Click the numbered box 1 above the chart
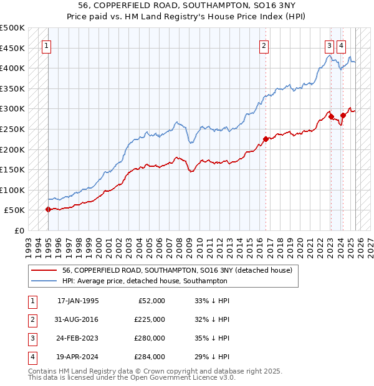(47, 45)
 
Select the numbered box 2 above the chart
(264, 45)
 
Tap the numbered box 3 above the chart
(328, 45)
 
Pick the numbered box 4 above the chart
(342, 45)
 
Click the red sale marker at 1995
(48, 209)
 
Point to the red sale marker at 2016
(266, 139)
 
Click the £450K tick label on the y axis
(12, 48)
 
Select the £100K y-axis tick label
(12, 190)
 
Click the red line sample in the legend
(44, 270)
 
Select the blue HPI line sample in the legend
(44, 281)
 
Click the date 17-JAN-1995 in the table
(78, 301)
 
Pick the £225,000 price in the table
(149, 319)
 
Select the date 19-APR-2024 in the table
(78, 357)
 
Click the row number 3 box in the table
(31, 338)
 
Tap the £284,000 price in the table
(149, 357)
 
